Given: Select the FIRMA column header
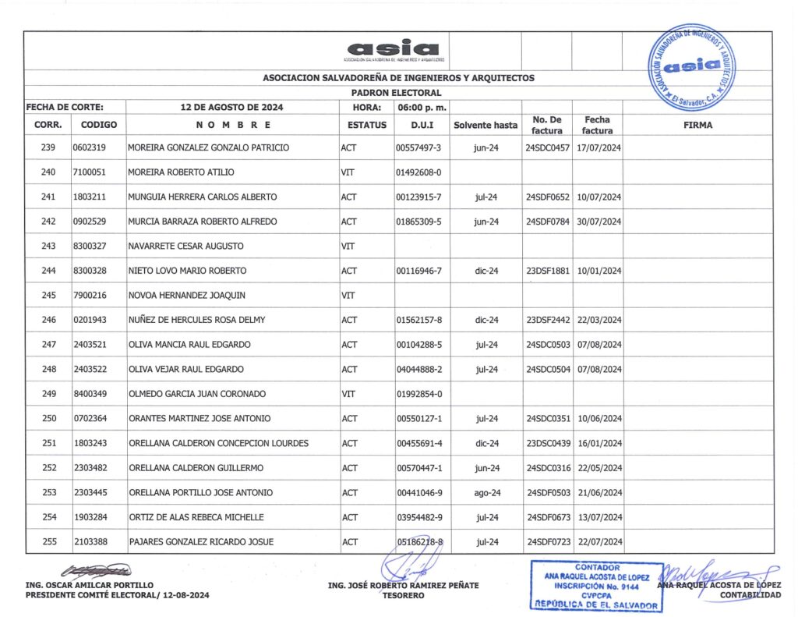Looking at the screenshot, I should pos(697,125).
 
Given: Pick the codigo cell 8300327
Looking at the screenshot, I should pos(89,246).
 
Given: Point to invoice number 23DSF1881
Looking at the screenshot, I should pos(548,271).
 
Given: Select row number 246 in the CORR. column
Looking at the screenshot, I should pos(49,320).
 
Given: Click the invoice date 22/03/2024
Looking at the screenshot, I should pos(598,320).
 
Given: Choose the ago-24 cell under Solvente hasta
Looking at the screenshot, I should pos(486,493).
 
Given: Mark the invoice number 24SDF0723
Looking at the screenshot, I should pos(548,542).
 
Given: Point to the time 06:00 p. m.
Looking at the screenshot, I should pos(420,108).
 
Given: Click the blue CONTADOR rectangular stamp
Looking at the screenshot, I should pos(596,586).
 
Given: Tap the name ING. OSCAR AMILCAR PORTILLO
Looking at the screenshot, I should pos(90,585).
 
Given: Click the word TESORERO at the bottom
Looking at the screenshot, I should pos(403,595).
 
